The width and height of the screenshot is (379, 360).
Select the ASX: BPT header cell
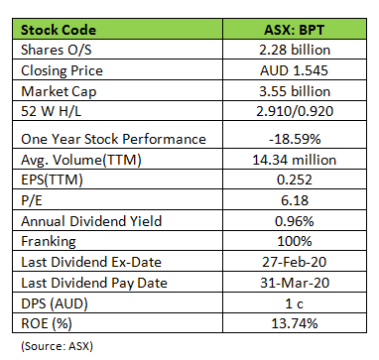click(x=294, y=30)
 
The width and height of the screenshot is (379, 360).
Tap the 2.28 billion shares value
click(x=295, y=50)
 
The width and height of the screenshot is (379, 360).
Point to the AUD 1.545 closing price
click(x=294, y=70)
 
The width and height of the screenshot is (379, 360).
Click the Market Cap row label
click(x=59, y=91)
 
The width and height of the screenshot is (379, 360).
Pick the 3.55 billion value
click(x=295, y=91)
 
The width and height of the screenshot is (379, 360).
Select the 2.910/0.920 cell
click(x=295, y=111)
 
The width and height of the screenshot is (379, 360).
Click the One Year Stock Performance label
click(x=113, y=139)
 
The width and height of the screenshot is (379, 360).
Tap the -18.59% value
click(x=295, y=139)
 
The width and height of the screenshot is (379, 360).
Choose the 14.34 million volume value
click(x=295, y=160)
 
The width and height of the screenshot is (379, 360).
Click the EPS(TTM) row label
click(x=52, y=180)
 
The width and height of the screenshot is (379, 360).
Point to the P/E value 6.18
click(x=295, y=200)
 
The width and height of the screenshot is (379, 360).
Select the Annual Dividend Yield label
click(x=91, y=221)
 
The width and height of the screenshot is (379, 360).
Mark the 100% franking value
click(x=295, y=241)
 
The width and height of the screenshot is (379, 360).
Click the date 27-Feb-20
click(x=295, y=262)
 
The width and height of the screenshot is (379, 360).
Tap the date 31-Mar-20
click(x=295, y=283)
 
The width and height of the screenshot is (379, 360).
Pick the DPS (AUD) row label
click(x=55, y=303)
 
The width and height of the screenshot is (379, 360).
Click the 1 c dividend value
click(x=294, y=303)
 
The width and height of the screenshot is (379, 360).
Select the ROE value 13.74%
click(x=295, y=323)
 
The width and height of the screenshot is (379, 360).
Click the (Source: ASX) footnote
click(x=58, y=346)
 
